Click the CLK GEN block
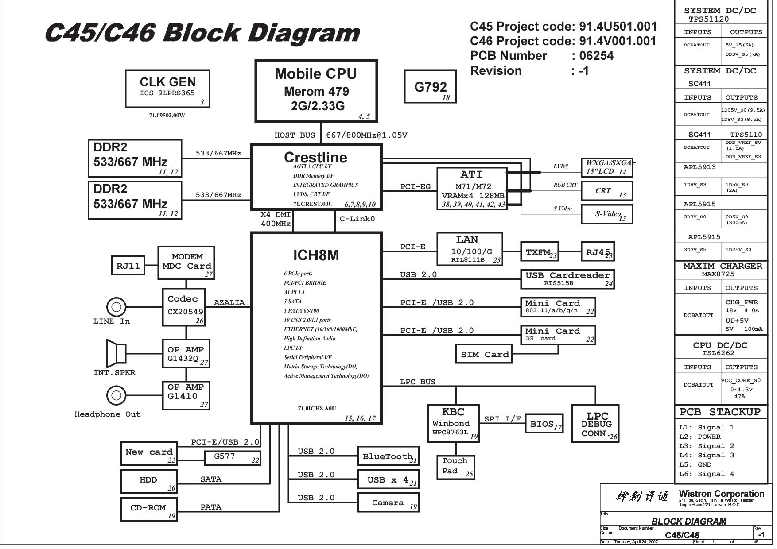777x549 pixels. pos(167,89)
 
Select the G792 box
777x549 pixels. pos(430,86)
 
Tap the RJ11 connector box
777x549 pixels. pos(128,266)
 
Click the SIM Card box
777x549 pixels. pos(484,354)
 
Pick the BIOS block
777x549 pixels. pos(544,424)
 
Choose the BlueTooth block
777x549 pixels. pos(388,456)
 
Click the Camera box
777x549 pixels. pos(388,503)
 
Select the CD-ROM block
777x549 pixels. pos(149,509)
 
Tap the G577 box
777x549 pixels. pos(232,458)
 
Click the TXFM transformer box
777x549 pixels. pos(539,251)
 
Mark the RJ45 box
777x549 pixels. pos(598,251)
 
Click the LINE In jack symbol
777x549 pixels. pos(116,306)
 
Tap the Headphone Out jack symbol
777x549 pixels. pos(116,395)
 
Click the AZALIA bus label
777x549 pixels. pos(229,302)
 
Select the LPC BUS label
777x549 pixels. pos(418,382)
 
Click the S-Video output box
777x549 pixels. pos(607,214)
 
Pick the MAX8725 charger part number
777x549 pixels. pos(718,274)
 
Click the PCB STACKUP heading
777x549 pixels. pos(720,412)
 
